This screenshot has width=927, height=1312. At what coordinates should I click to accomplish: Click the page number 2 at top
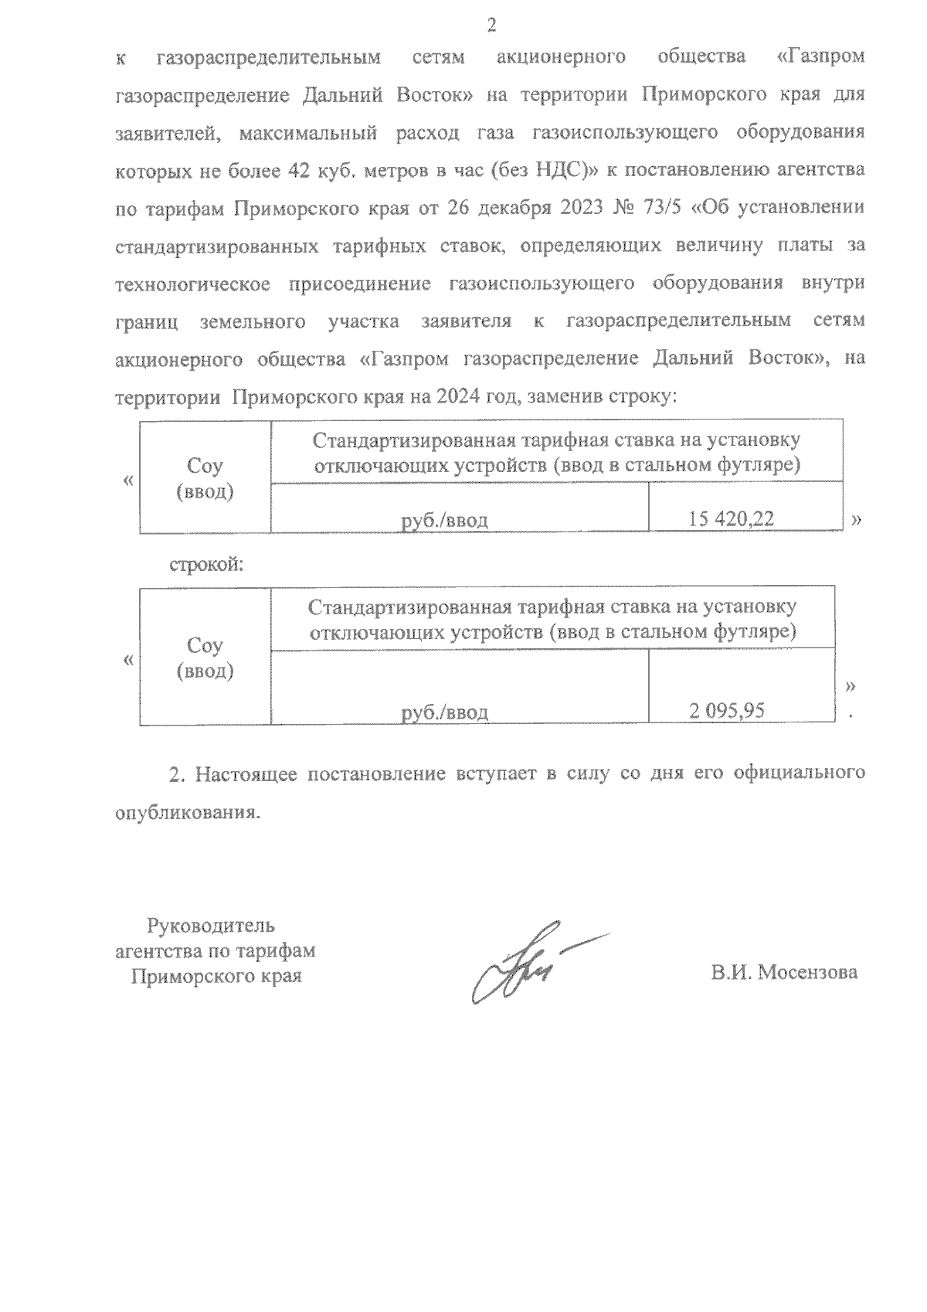491,26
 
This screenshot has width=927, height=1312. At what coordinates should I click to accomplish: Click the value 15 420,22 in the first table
731,520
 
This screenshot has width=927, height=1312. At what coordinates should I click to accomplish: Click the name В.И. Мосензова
784,973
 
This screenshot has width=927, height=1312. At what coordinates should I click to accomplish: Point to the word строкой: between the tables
206,565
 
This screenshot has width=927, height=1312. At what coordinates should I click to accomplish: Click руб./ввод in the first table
445,521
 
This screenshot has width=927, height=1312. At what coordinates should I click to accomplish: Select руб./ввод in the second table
445,712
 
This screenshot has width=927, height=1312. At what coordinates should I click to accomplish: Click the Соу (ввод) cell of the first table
205,478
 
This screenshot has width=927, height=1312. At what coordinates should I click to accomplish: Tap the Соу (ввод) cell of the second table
205,658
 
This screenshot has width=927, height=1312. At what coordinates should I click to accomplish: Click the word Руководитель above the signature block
211,925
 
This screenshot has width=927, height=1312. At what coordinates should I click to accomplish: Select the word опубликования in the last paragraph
183,813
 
